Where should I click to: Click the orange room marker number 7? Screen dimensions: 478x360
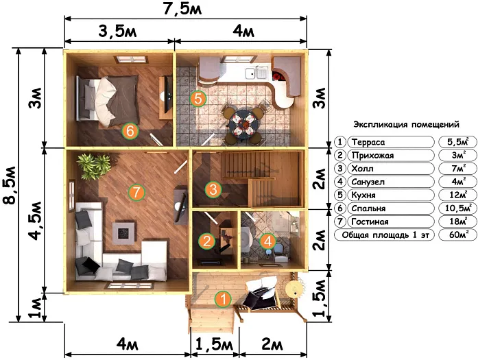pos(136,192)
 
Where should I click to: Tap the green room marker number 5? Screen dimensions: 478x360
pos(198,99)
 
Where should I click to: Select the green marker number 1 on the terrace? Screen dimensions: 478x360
pos(224,299)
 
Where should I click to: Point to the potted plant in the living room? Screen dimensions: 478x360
pos(94,166)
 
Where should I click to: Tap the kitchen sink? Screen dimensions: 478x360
pos(256,73)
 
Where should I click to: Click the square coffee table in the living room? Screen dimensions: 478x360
pos(123,233)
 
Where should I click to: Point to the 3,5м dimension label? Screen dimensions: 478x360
pos(117,32)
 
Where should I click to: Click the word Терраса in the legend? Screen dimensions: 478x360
pos(368,142)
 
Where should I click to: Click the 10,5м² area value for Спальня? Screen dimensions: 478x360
pos(458,208)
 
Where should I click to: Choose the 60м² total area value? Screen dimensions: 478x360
pos(459,235)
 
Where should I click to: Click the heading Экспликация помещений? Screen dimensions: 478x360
pos(406,124)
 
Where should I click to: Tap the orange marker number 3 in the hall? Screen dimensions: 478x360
pos(213,189)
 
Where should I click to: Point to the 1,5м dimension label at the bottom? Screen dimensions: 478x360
pos(214,345)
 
